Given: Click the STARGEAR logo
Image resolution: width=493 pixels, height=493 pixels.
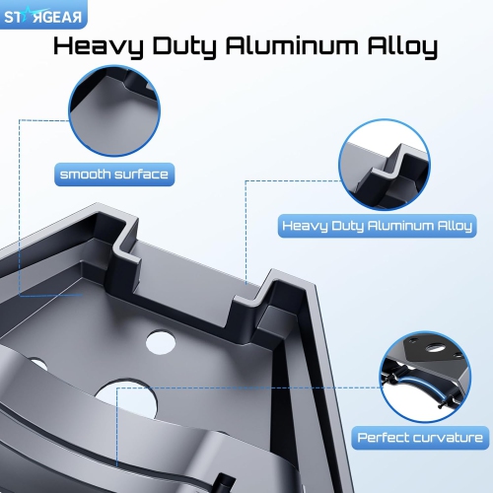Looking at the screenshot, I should click(43, 16).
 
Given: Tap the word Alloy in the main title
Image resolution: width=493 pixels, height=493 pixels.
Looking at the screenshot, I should click(402, 47).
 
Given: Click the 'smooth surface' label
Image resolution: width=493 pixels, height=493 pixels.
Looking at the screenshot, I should click(113, 176).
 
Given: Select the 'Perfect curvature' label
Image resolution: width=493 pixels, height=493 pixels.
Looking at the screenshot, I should click(420, 437).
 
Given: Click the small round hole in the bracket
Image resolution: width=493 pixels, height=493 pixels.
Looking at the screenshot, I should click(160, 342).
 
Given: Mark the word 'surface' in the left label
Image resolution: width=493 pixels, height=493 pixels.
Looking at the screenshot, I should click(141, 176).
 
